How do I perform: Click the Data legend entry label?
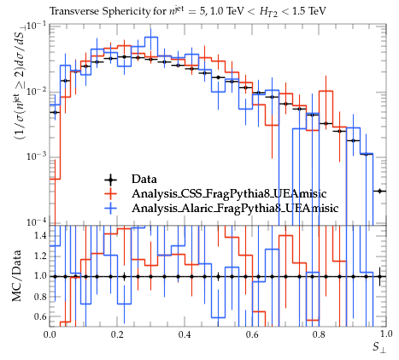[144, 180]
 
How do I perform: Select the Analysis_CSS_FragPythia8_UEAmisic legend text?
[229, 194]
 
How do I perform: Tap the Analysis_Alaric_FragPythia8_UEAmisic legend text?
[235, 208]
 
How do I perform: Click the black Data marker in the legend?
[110, 180]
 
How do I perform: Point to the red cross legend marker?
[110, 194]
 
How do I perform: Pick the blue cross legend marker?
[110, 209]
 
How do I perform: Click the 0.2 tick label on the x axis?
[117, 334]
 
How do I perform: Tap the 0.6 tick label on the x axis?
[252, 334]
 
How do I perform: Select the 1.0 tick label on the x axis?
[386, 333]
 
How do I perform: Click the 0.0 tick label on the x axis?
[50, 334]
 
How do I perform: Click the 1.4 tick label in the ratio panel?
[40, 236]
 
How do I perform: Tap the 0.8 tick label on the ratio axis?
[40, 297]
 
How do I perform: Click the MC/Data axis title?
[17, 275]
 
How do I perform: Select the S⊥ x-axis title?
[379, 348]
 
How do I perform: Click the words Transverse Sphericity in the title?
[99, 11]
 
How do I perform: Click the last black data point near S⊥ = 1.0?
[379, 191]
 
